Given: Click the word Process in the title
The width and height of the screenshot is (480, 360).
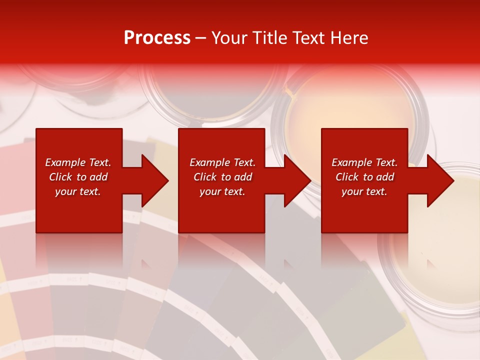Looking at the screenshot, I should coord(157,38).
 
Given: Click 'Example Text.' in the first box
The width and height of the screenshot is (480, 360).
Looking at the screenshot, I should coord(78,162).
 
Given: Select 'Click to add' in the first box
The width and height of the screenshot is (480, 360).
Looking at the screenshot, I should coord(78,177).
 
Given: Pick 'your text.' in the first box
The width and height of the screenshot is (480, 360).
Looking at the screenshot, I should coord(78,191).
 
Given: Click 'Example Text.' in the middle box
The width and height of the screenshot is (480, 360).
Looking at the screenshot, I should coord(222,162).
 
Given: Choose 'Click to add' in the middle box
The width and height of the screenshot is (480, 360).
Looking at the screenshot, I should coord(222,177).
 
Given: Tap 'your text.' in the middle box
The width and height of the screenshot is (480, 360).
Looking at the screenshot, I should coord(222,191).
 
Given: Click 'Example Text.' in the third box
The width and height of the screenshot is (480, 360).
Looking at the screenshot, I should coord(364,162).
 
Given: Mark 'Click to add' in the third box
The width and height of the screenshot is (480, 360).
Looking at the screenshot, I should coord(364,177).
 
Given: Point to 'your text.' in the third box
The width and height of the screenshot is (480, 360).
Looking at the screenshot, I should coord(364,191).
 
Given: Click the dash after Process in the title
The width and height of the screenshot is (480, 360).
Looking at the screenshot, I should coord(200,38).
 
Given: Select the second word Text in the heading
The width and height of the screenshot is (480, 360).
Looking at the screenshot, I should coord(307,38).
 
